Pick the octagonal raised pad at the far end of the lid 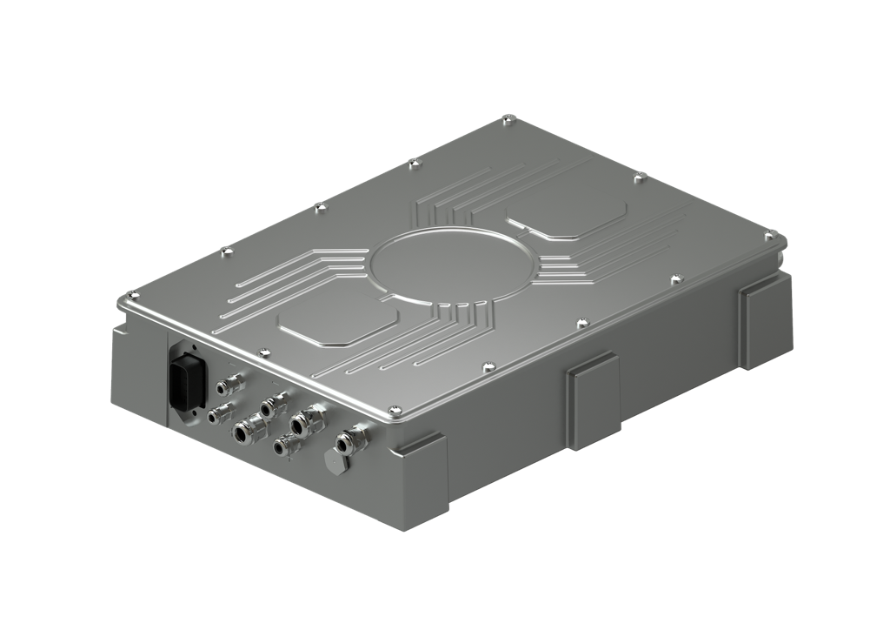(x=566, y=212)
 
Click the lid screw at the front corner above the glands (x=394, y=411)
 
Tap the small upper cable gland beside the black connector (x=231, y=382)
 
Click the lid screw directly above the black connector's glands (x=260, y=352)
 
